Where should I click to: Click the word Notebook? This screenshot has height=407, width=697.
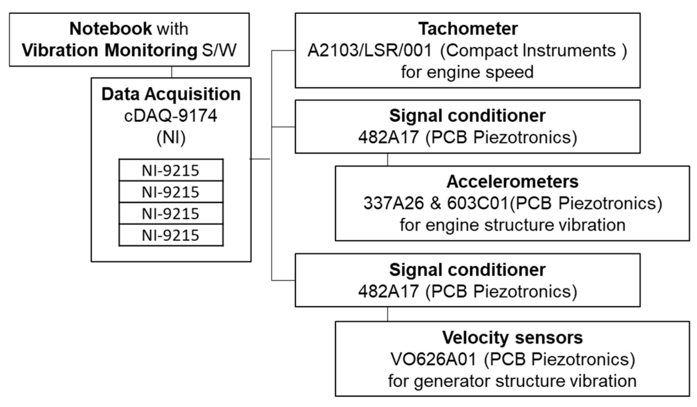point(110,29)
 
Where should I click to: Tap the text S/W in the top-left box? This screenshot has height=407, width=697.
point(219,50)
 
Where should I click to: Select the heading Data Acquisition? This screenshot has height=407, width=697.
point(171,94)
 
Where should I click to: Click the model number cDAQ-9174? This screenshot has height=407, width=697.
point(171,116)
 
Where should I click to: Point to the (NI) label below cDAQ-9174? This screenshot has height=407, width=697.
point(171,137)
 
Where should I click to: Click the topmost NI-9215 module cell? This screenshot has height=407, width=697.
point(171,170)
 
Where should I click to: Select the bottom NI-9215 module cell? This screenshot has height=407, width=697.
point(171,235)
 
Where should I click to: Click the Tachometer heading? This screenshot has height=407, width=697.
point(468,29)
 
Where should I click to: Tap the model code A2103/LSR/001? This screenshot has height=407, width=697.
point(370,50)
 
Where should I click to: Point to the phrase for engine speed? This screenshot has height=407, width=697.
point(467,72)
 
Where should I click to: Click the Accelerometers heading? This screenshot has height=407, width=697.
point(512,182)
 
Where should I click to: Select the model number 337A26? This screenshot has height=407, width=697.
point(394,203)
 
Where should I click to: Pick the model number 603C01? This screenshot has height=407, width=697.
point(477,203)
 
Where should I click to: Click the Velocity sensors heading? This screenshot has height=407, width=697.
point(512,338)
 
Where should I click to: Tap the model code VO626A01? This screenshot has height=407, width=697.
point(433,359)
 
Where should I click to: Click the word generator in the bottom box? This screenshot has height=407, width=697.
point(452,381)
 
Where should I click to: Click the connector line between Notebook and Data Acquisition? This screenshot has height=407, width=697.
point(172,72)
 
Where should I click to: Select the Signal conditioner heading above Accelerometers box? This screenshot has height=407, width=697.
point(467,116)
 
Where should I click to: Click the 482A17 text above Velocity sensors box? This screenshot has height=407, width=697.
point(388,292)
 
